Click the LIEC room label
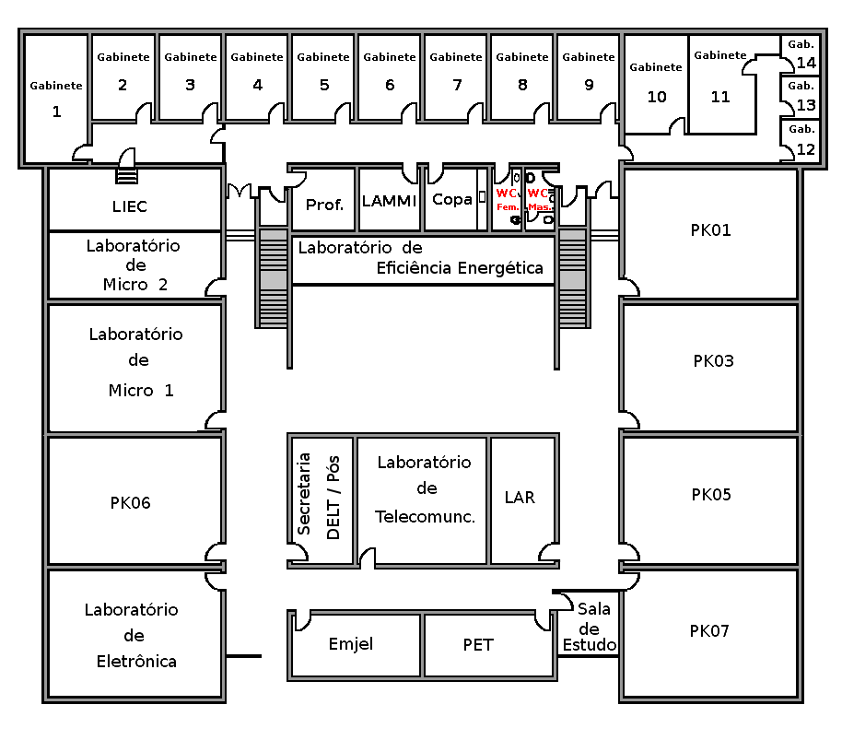pyautogui.click(x=130, y=206)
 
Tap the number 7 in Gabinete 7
pyautogui.click(x=457, y=86)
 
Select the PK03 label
pyautogui.click(x=713, y=360)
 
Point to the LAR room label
pyautogui.click(x=520, y=497)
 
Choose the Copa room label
pyautogui.click(x=452, y=199)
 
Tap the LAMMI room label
pyautogui.click(x=390, y=200)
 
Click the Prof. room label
pyautogui.click(x=324, y=204)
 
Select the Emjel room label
pyautogui.click(x=351, y=644)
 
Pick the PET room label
pyautogui.click(x=478, y=645)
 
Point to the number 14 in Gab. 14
pyautogui.click(x=806, y=64)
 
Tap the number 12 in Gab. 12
pyautogui.click(x=806, y=149)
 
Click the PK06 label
pyautogui.click(x=130, y=503)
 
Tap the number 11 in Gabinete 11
pyautogui.click(x=719, y=97)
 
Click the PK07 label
pyautogui.click(x=709, y=631)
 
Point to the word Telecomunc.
pyautogui.click(x=425, y=517)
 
